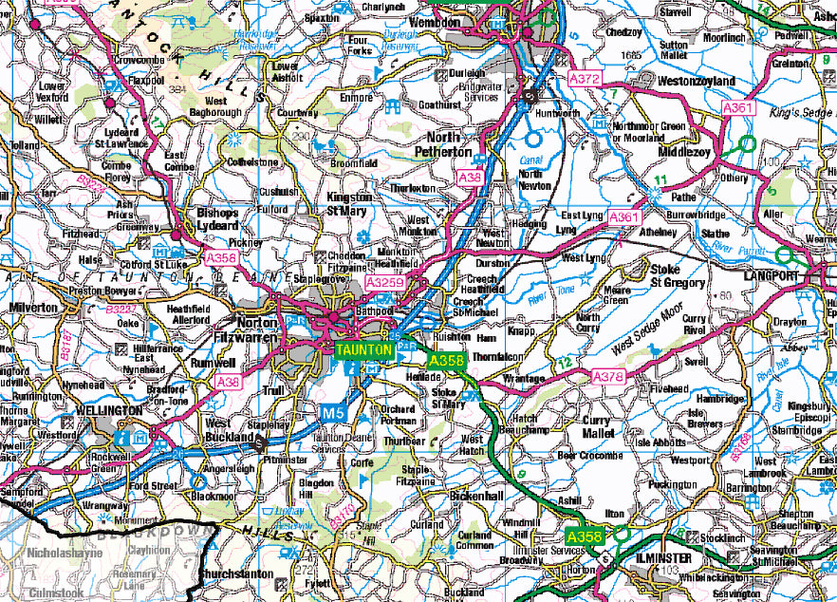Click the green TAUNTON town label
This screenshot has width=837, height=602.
pos(363,349)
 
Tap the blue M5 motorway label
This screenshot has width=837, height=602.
pos(330,413)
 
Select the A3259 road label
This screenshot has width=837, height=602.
pos(384,283)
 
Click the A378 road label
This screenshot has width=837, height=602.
pos(607,377)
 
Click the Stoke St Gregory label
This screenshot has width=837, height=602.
pos(675,274)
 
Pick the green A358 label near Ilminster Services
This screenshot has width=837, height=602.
pos(584,537)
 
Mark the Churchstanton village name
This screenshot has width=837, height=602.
pos(236,574)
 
